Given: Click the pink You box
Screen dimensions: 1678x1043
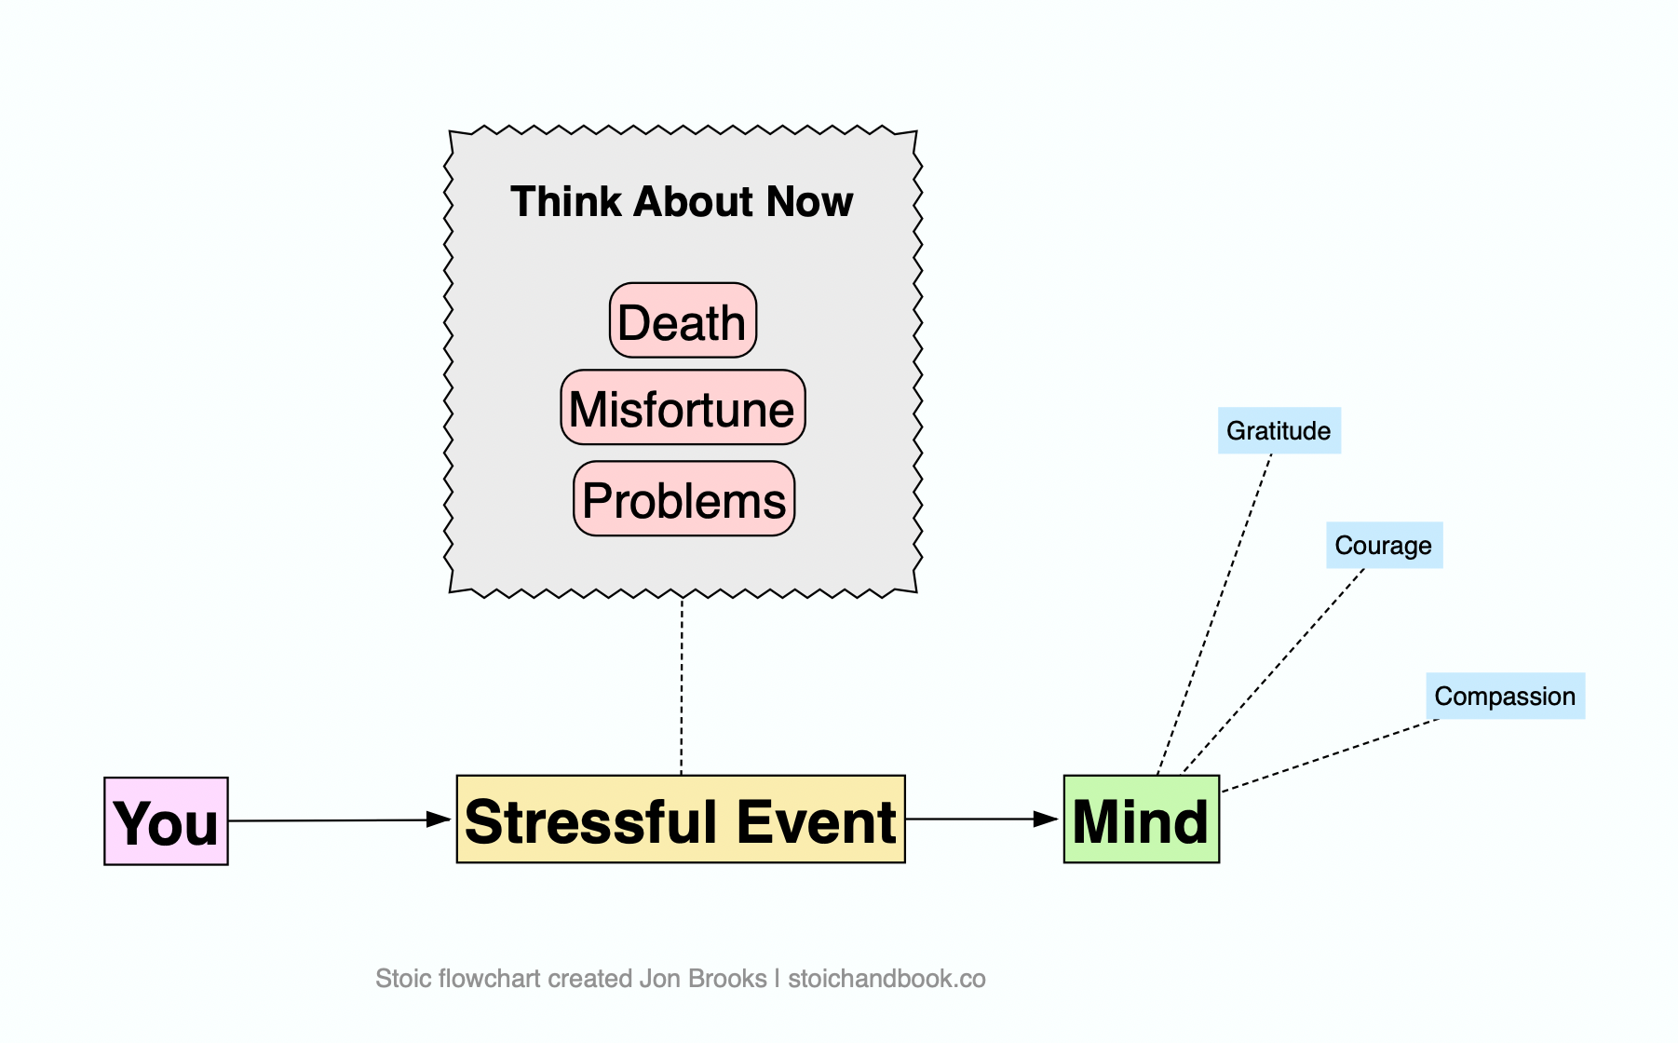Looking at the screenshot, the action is click(x=166, y=821).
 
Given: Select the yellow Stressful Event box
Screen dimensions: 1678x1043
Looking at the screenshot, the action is click(x=681, y=819).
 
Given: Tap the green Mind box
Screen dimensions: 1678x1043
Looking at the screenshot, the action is click(x=1142, y=819).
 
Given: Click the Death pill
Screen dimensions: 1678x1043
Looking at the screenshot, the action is click(x=683, y=320).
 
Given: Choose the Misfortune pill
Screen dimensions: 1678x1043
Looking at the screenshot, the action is click(x=683, y=407).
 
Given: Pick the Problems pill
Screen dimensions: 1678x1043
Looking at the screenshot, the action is click(x=684, y=498).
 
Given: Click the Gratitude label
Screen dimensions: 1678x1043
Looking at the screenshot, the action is click(x=1279, y=430).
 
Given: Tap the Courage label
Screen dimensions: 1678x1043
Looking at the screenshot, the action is click(x=1385, y=545).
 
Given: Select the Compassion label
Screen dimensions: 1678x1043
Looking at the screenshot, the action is click(x=1506, y=696).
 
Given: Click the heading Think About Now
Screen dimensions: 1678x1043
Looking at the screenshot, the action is click(x=682, y=201).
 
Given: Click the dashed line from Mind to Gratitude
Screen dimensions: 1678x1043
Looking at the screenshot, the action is click(x=1214, y=615).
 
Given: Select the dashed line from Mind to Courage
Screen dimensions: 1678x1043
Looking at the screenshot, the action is click(x=1273, y=671).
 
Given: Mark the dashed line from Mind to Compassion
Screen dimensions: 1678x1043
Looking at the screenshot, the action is click(x=1331, y=755).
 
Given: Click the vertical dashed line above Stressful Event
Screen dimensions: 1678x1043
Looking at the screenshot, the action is click(x=682, y=687).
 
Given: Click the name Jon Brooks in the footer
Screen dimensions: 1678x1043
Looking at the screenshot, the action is click(x=703, y=979).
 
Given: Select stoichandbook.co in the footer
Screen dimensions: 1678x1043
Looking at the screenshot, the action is click(x=886, y=979).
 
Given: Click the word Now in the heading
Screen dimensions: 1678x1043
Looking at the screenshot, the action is click(x=811, y=201).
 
